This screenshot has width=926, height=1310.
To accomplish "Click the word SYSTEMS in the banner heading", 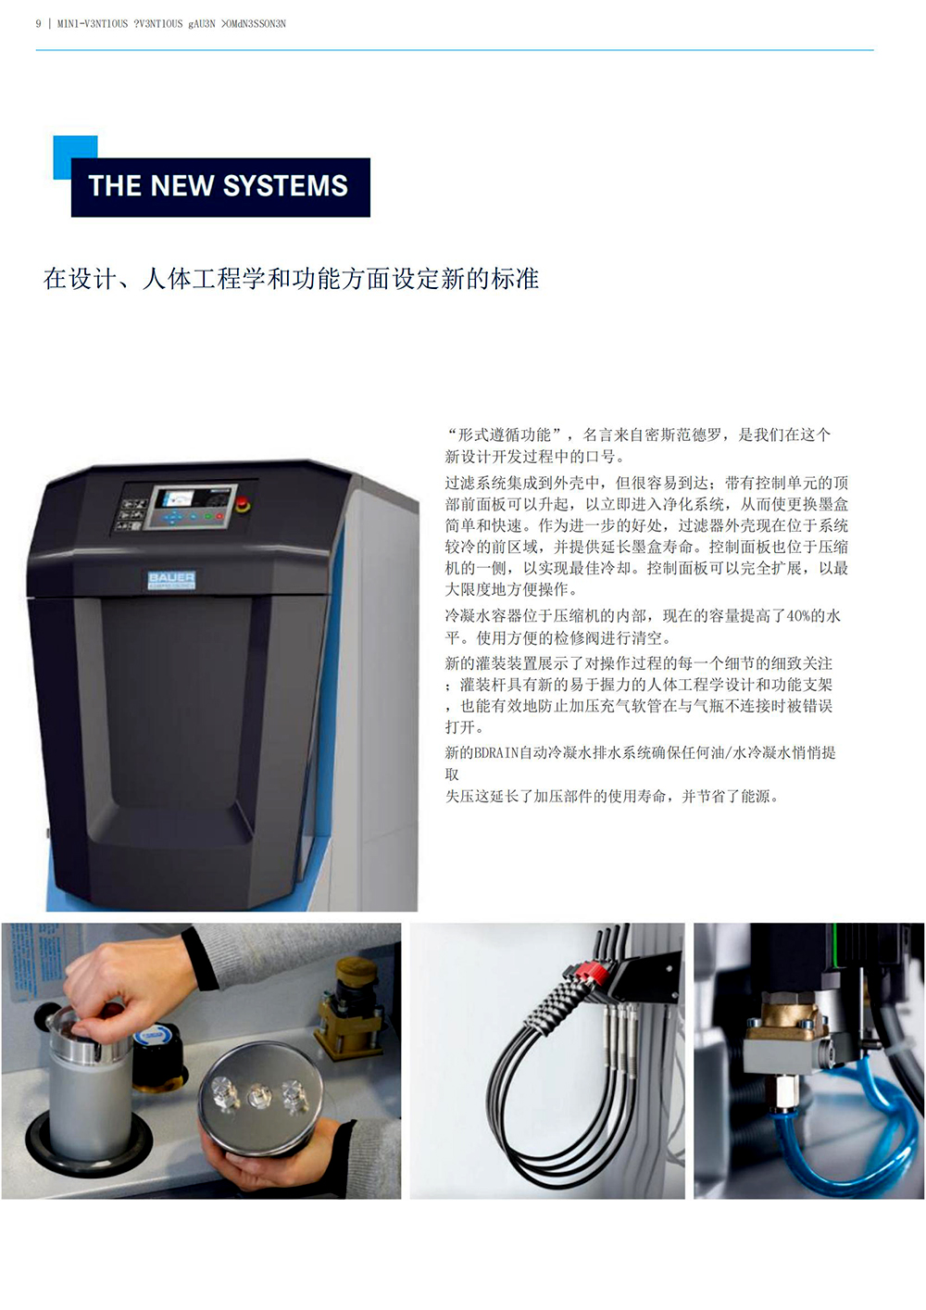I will (x=285, y=186).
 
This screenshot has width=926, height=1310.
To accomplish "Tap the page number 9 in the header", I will (x=38, y=24).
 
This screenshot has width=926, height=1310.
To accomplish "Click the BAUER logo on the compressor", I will (x=171, y=579).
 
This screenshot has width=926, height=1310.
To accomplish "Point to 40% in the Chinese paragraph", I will (x=798, y=616).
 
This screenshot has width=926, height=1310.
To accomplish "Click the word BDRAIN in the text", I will (x=496, y=753).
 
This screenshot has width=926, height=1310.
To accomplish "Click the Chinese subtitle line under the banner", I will (x=291, y=279).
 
